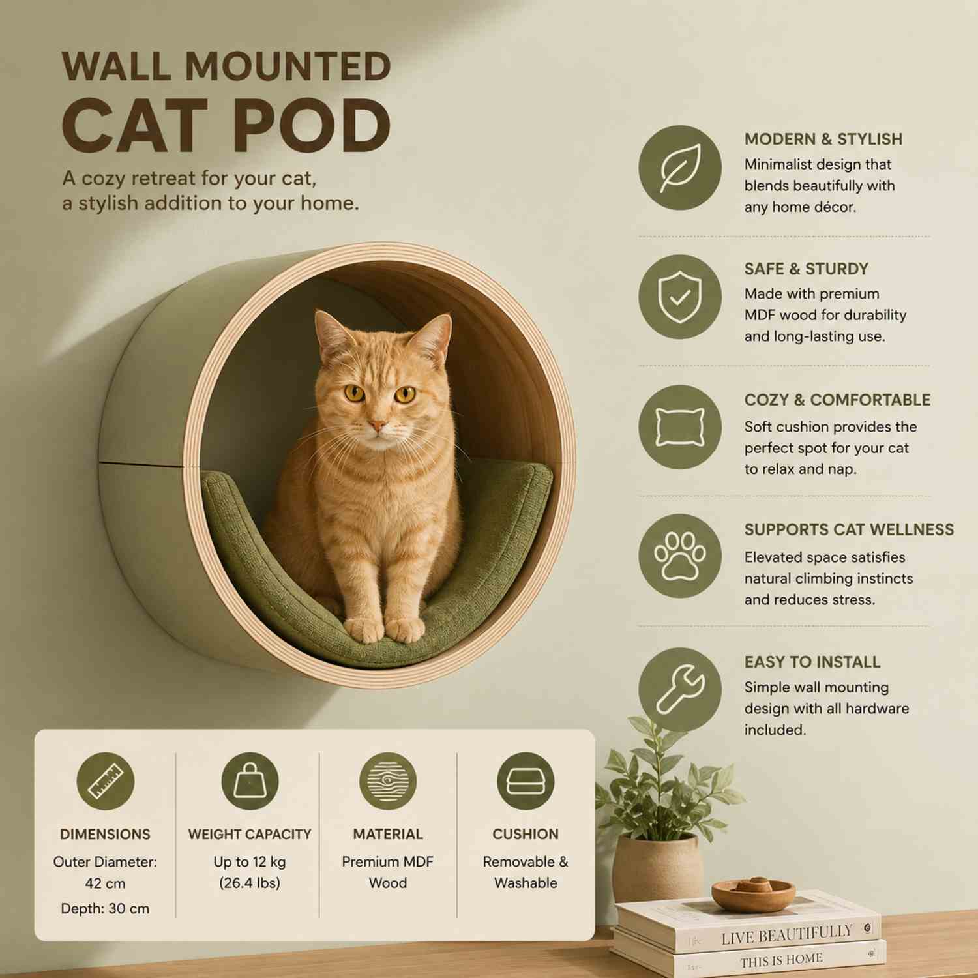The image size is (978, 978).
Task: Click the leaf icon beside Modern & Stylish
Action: tap(680, 168)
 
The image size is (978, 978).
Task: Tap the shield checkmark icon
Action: tap(680, 297)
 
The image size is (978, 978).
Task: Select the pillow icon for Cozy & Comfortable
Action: tap(680, 427)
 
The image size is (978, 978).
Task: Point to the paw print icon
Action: tap(680, 556)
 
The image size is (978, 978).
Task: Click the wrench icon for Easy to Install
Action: tap(680, 690)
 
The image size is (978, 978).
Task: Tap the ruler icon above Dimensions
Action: tap(106, 781)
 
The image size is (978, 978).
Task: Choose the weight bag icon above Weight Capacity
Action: tap(250, 781)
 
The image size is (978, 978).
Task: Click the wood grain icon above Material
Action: tap(388, 781)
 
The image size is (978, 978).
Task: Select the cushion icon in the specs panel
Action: tap(526, 781)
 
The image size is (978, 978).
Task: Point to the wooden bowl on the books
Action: tap(753, 893)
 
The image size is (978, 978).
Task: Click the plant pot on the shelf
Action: tap(657, 867)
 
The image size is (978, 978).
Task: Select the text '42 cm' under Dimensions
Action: tap(105, 883)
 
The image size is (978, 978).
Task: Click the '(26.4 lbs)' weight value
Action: tap(250, 883)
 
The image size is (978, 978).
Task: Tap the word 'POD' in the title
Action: tap(310, 125)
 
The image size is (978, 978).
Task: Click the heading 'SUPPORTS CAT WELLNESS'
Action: tap(849, 529)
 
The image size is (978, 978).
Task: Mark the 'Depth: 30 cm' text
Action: tap(105, 908)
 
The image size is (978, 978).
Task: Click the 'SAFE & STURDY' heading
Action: tap(807, 269)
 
